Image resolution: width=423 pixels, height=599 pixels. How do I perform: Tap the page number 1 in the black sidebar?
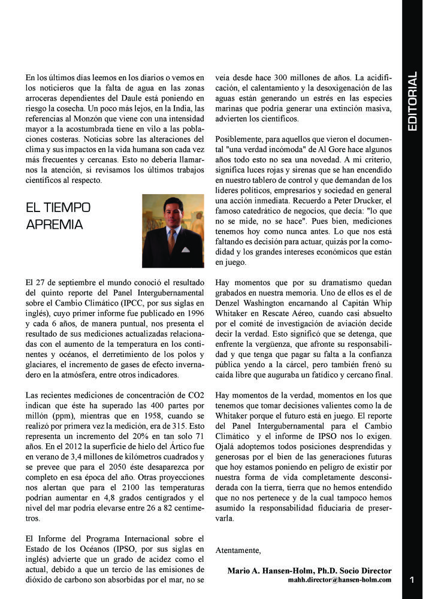412,580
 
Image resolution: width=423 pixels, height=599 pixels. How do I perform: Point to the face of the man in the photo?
170,210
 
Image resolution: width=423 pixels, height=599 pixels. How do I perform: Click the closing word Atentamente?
238,550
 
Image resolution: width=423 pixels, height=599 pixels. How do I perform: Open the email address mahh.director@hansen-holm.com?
340,580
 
